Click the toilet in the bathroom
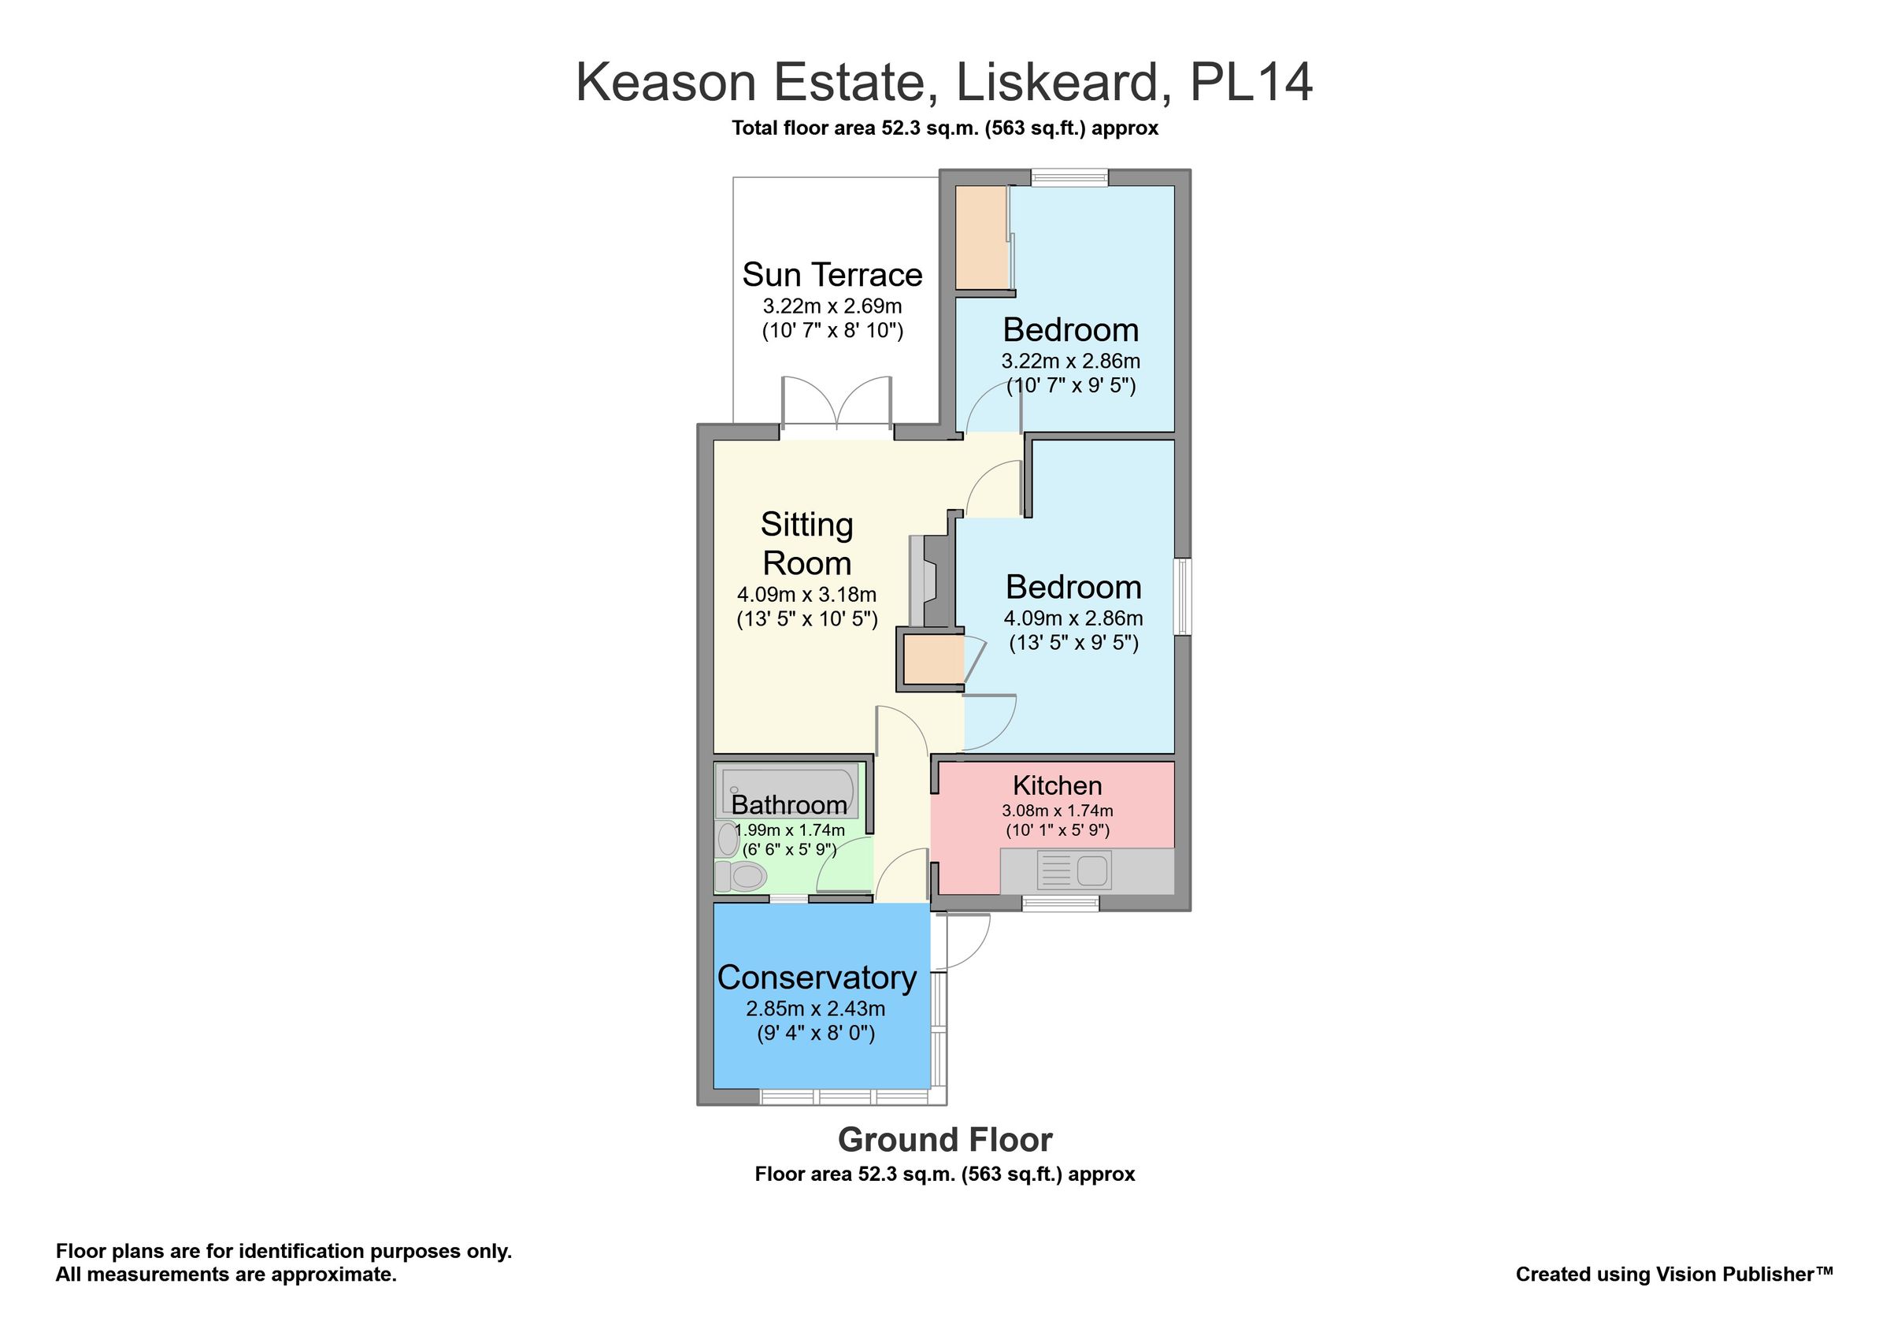(x=742, y=876)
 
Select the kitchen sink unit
(x=1073, y=870)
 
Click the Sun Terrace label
(x=832, y=274)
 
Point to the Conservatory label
(x=817, y=977)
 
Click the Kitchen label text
(x=1057, y=785)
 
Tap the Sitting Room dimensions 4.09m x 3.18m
(x=806, y=594)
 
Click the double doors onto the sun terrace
(x=836, y=405)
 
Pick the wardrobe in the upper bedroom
(x=981, y=237)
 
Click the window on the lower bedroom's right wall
(x=1182, y=597)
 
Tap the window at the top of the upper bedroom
(x=1069, y=177)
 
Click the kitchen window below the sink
(x=1060, y=904)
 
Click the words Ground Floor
(x=945, y=1140)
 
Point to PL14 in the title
(x=1251, y=83)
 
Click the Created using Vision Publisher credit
(x=1674, y=1275)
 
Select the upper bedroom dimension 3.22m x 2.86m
(x=1070, y=361)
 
